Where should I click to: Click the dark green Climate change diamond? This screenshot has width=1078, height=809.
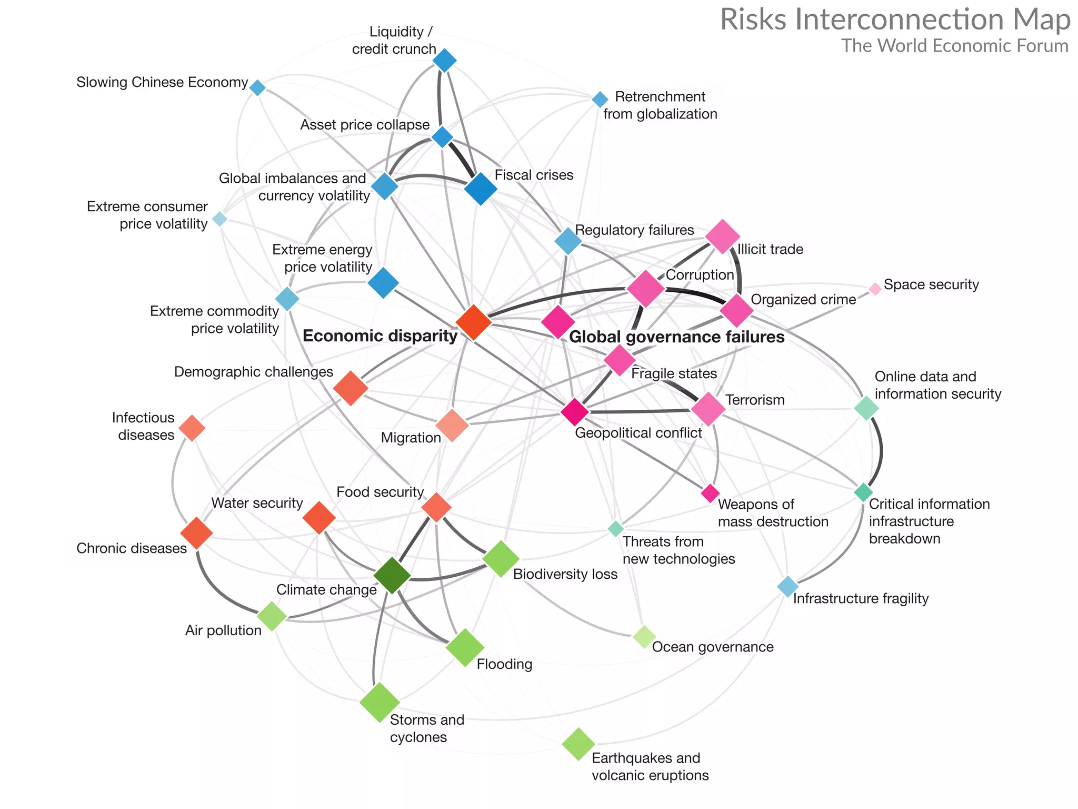392,576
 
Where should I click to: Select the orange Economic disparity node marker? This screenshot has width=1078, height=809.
473,322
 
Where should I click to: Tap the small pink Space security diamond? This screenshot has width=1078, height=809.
875,289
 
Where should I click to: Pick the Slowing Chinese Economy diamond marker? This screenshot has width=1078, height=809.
257,87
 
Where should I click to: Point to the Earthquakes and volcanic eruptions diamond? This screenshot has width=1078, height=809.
578,744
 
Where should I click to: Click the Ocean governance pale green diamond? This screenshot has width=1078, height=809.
644,637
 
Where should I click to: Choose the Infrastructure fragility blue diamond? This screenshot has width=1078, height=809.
787,586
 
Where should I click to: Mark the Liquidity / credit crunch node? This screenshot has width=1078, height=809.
444,61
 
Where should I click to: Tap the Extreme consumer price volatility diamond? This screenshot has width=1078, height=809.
220,219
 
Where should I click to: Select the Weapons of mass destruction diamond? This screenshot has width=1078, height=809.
710,494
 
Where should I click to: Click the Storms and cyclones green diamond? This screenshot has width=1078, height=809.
380,702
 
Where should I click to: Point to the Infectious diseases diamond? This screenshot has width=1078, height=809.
192,428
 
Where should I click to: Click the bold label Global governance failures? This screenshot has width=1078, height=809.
676,337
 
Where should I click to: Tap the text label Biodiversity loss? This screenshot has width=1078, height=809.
565,574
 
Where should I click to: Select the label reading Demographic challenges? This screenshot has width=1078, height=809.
253,372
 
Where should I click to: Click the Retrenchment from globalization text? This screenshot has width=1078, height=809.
660,105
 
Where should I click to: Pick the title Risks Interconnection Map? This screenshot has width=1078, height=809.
895,20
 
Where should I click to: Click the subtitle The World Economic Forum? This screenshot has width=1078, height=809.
954,46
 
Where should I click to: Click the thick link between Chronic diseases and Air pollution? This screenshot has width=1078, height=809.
217,589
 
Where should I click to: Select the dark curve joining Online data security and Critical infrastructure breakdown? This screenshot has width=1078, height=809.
881,449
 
